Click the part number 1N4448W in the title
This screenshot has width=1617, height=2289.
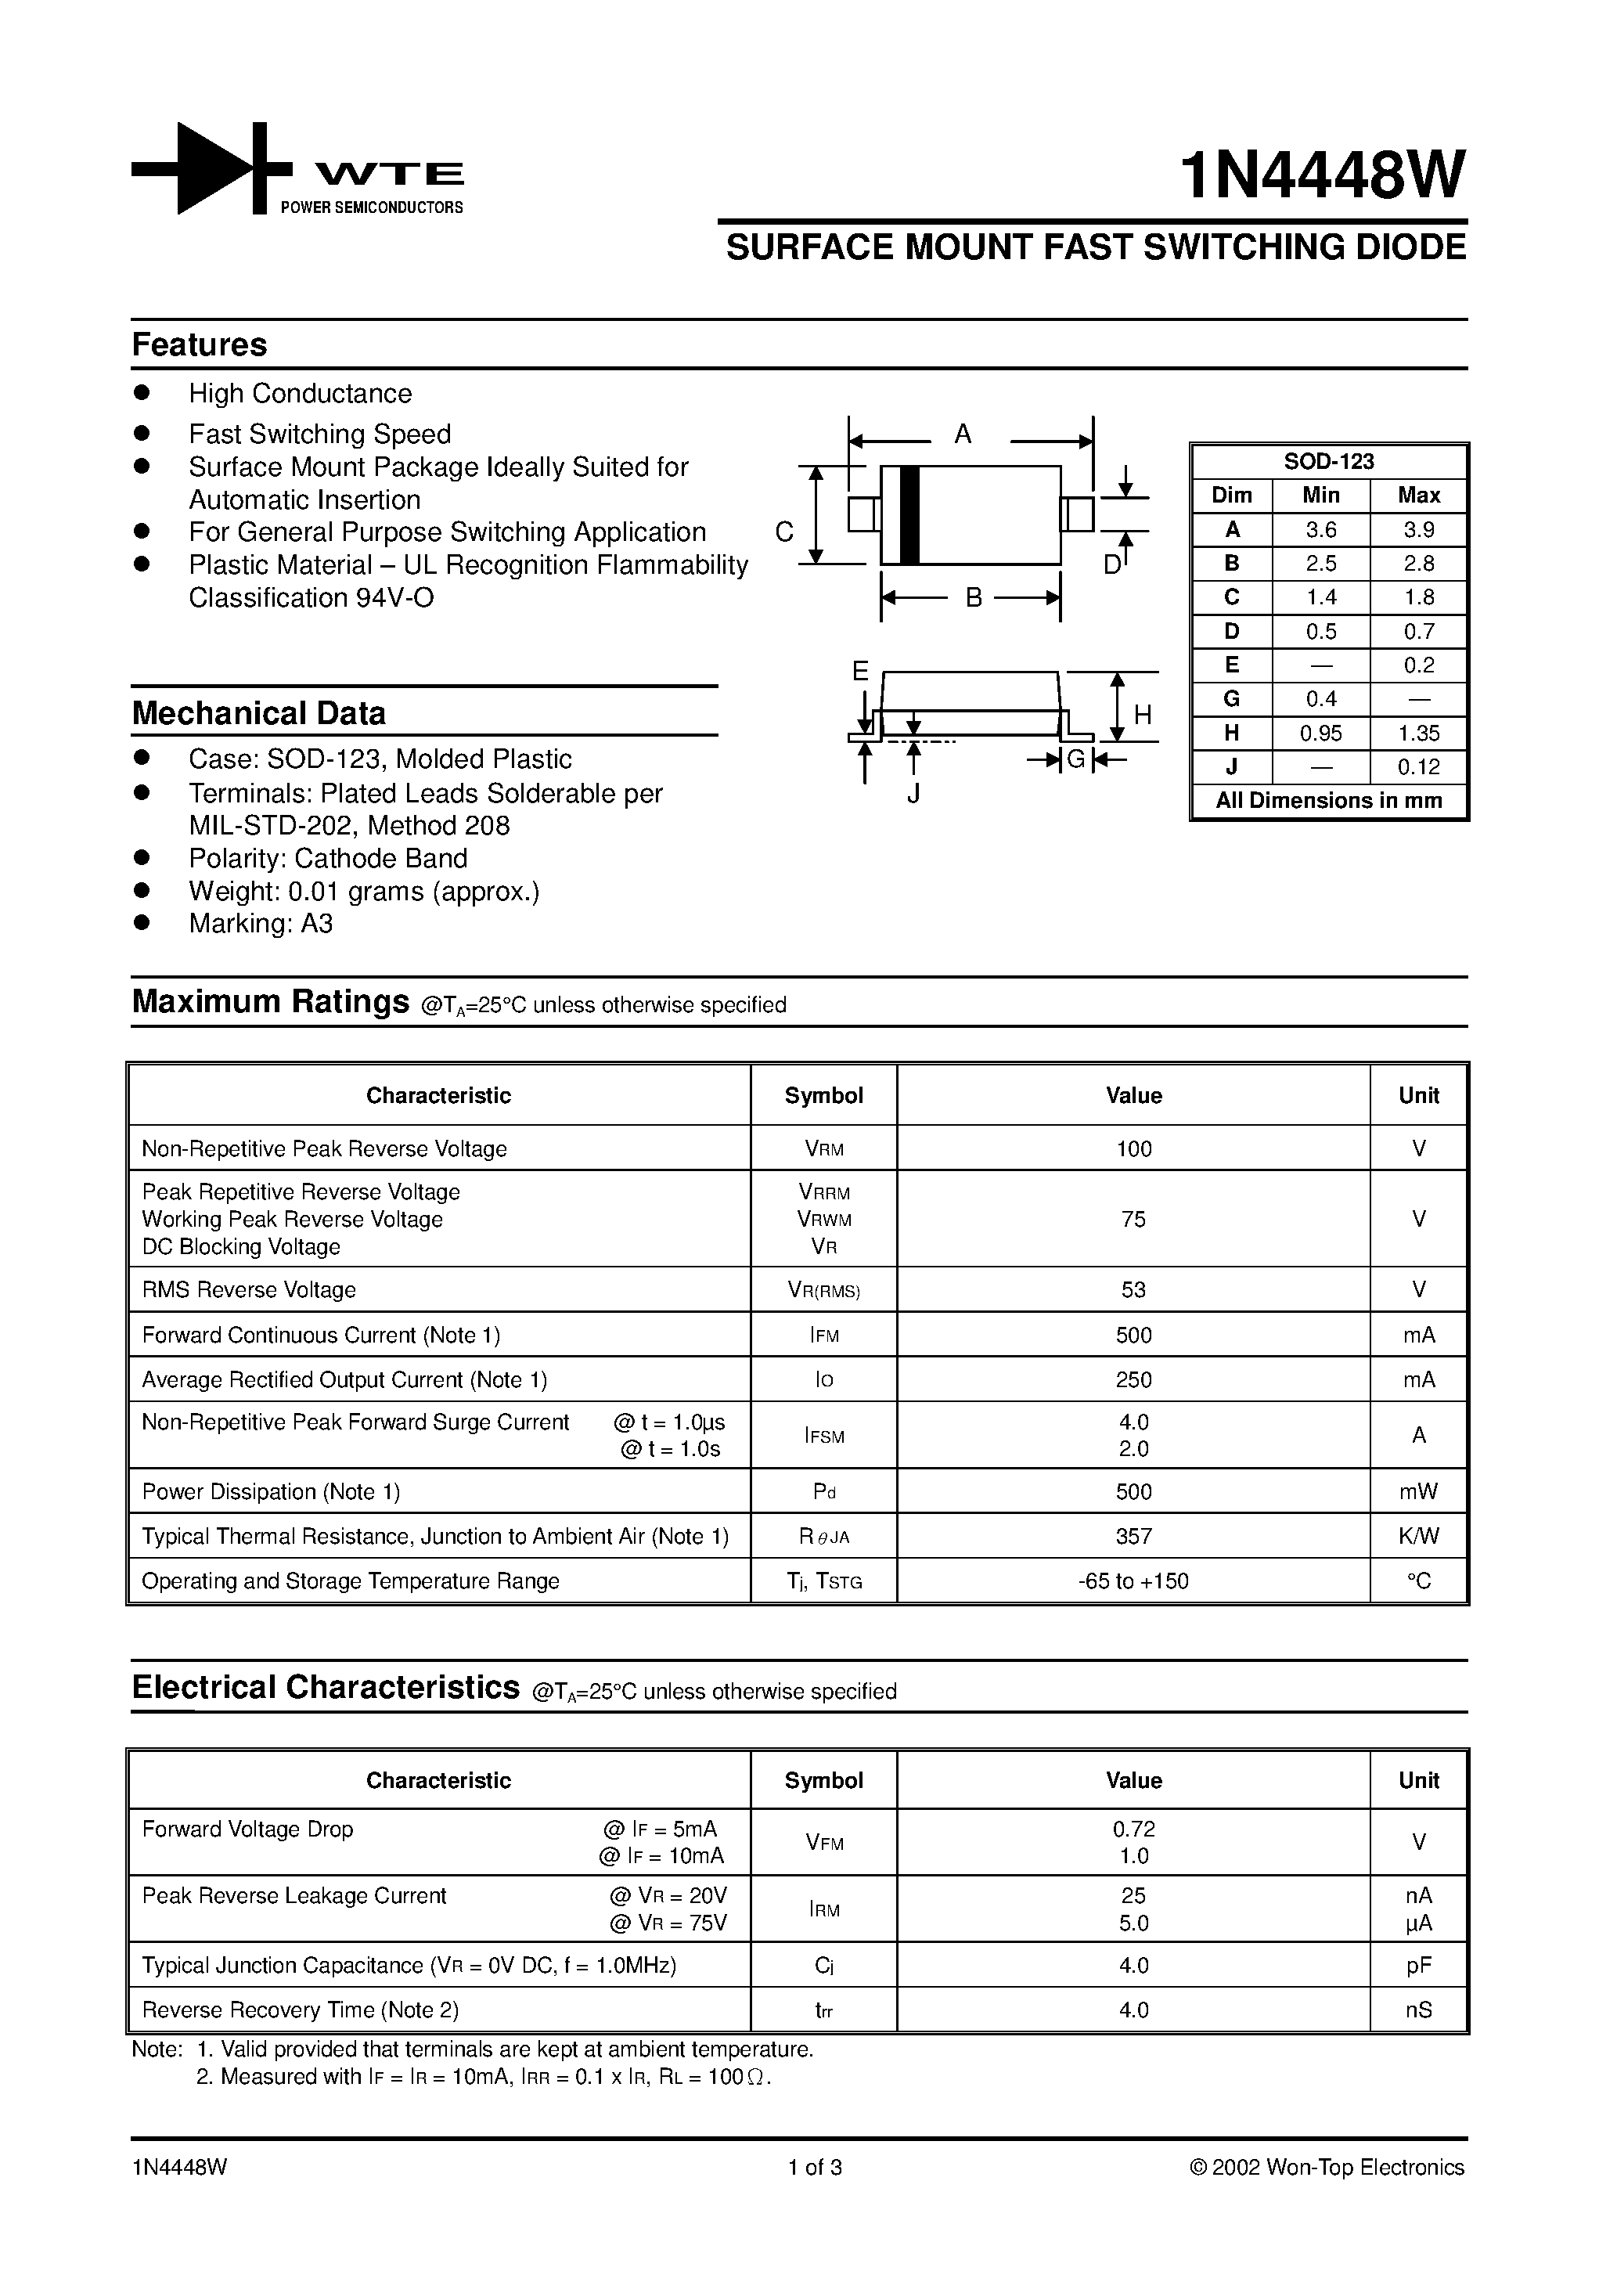click(x=1322, y=175)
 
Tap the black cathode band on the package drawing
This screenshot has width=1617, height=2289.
click(x=908, y=515)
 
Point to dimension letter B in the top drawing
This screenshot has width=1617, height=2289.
click(x=974, y=597)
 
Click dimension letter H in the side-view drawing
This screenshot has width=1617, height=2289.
click(x=1143, y=715)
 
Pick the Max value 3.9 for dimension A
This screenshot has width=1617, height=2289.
click(x=1417, y=529)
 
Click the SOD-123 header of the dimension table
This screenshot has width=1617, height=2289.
click(x=1328, y=462)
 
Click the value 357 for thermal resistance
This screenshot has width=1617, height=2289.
click(x=1133, y=1536)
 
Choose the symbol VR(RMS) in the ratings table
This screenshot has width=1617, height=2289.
click(x=823, y=1290)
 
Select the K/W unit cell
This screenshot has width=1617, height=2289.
click(x=1417, y=1536)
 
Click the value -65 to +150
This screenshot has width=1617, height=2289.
click(x=1133, y=1581)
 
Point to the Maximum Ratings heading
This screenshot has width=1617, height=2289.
click(x=270, y=1001)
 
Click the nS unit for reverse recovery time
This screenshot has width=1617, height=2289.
click(x=1417, y=2010)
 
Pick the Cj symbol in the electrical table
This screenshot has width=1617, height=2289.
click(x=823, y=1965)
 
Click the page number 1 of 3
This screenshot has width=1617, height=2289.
click(x=815, y=2168)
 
